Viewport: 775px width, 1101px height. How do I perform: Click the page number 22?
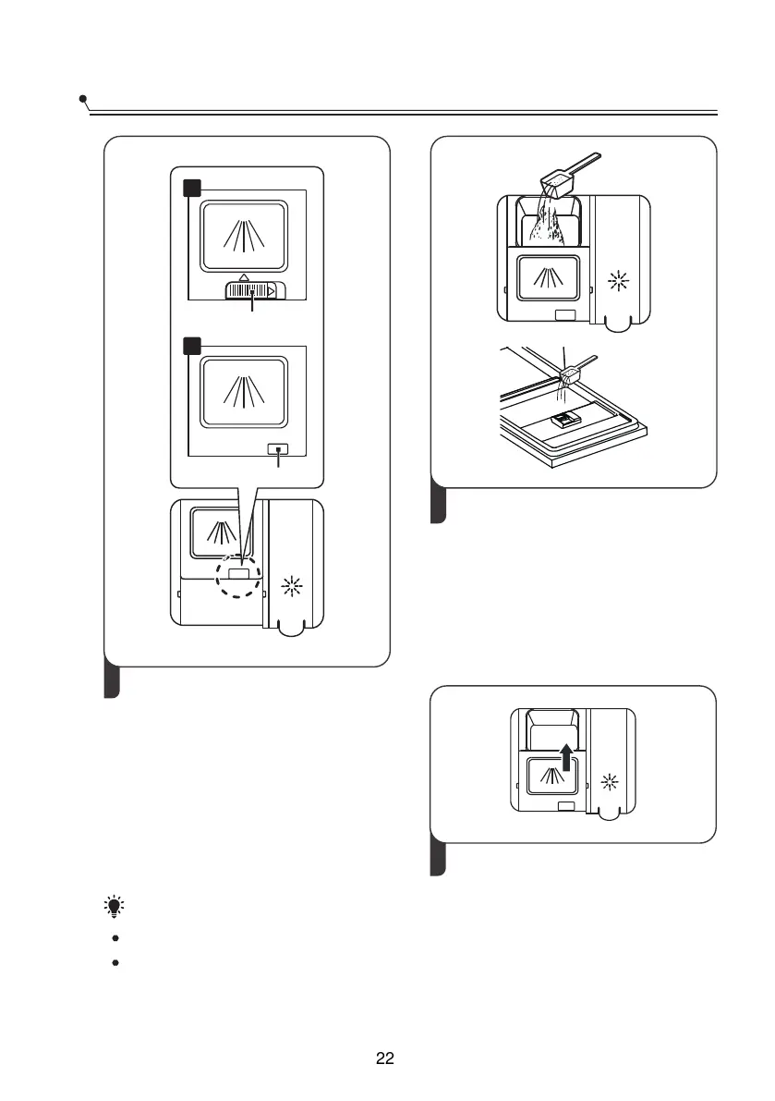386,1059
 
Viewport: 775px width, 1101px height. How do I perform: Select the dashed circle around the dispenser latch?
239,575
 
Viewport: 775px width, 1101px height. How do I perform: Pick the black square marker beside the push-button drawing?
190,347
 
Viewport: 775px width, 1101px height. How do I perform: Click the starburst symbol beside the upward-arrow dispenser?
609,782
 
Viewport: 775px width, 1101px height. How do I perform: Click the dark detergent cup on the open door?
563,421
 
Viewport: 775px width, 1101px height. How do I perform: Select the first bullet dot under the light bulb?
115,938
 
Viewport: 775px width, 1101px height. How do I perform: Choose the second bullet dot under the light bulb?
115,962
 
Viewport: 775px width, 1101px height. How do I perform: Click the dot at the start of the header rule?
83,98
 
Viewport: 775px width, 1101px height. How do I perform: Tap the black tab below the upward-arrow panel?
441,858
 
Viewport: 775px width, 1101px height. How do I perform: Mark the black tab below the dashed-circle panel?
111,682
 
